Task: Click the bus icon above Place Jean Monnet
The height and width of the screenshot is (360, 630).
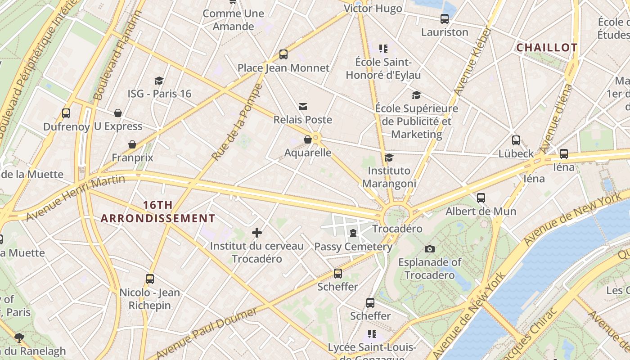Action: (x=283, y=54)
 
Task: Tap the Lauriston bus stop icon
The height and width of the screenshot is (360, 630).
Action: (x=445, y=19)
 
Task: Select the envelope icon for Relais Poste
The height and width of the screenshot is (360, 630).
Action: (x=303, y=107)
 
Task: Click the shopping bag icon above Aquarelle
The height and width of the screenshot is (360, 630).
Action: (x=308, y=139)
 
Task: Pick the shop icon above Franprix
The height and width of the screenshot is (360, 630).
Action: (x=132, y=144)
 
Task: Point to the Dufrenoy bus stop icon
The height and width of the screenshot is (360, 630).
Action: (x=66, y=113)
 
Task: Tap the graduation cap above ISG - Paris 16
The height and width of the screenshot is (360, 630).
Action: (x=159, y=81)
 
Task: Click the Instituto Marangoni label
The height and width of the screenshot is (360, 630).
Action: (x=389, y=177)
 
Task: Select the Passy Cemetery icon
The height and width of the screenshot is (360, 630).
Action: (x=353, y=233)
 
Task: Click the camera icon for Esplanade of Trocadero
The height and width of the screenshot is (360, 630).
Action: (x=430, y=249)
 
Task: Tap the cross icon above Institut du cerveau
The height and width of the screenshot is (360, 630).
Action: (x=257, y=233)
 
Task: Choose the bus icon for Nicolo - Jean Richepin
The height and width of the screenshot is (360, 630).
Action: (x=150, y=279)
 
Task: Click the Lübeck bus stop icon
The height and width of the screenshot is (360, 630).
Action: (x=516, y=140)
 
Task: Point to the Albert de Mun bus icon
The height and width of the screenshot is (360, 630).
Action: (x=481, y=198)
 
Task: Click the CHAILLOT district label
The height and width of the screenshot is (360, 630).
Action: (x=547, y=48)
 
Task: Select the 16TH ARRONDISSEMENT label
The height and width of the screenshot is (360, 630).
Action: (x=157, y=212)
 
